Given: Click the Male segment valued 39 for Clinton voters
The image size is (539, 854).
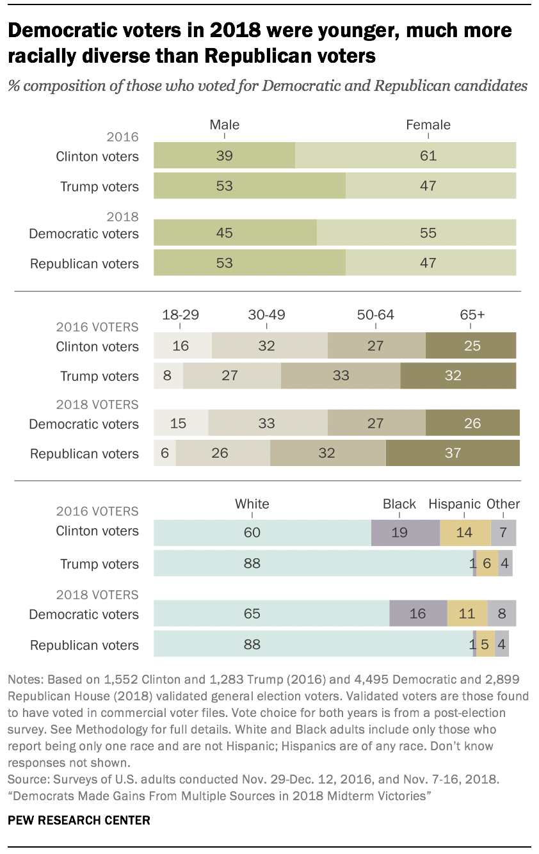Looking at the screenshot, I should coord(224,156).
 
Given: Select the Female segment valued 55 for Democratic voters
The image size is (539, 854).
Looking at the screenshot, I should coord(416,233).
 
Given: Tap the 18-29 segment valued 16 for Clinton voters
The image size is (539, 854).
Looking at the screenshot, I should coord(182,346).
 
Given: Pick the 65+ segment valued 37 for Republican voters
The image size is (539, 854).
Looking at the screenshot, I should coord(453,453).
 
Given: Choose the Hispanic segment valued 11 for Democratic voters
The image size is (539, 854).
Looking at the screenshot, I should coord(467,613).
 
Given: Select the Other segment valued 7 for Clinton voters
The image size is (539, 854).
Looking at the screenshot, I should coord(503,533).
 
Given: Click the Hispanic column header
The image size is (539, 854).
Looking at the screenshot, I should coord(455,504).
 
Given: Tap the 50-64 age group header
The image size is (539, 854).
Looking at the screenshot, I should coord(375,314).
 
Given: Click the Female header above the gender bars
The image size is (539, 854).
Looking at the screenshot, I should coord(428,125).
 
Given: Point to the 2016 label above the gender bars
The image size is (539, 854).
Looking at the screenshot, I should coord(124,137).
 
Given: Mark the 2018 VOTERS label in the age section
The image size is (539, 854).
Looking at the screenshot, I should coord(97,405).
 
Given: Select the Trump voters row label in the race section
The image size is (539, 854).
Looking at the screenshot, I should coord(99,564).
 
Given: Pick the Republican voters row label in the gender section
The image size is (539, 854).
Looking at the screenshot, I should coord(84,264).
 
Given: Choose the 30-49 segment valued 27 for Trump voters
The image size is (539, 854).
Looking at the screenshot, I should coord(231,376).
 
